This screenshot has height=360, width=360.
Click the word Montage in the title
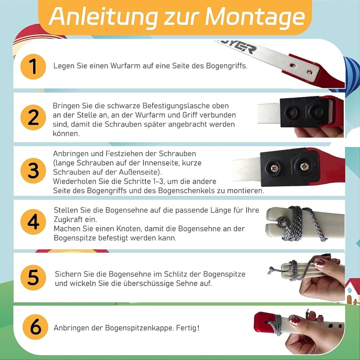coord(255,17)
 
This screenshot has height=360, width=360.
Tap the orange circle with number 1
coord(33,67)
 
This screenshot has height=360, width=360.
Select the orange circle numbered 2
coord(33,117)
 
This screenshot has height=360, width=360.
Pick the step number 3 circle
coord(33,171)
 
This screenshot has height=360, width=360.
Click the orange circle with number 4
coord(33,222)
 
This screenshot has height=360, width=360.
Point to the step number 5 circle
coord(33,277)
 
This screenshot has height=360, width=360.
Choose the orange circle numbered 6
coord(36,327)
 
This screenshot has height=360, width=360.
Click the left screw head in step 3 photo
coord(274,168)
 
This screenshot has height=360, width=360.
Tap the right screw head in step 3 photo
coord(305,166)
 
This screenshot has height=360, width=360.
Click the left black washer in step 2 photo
coord(291,112)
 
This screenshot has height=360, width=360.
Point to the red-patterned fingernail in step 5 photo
coord(319,263)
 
